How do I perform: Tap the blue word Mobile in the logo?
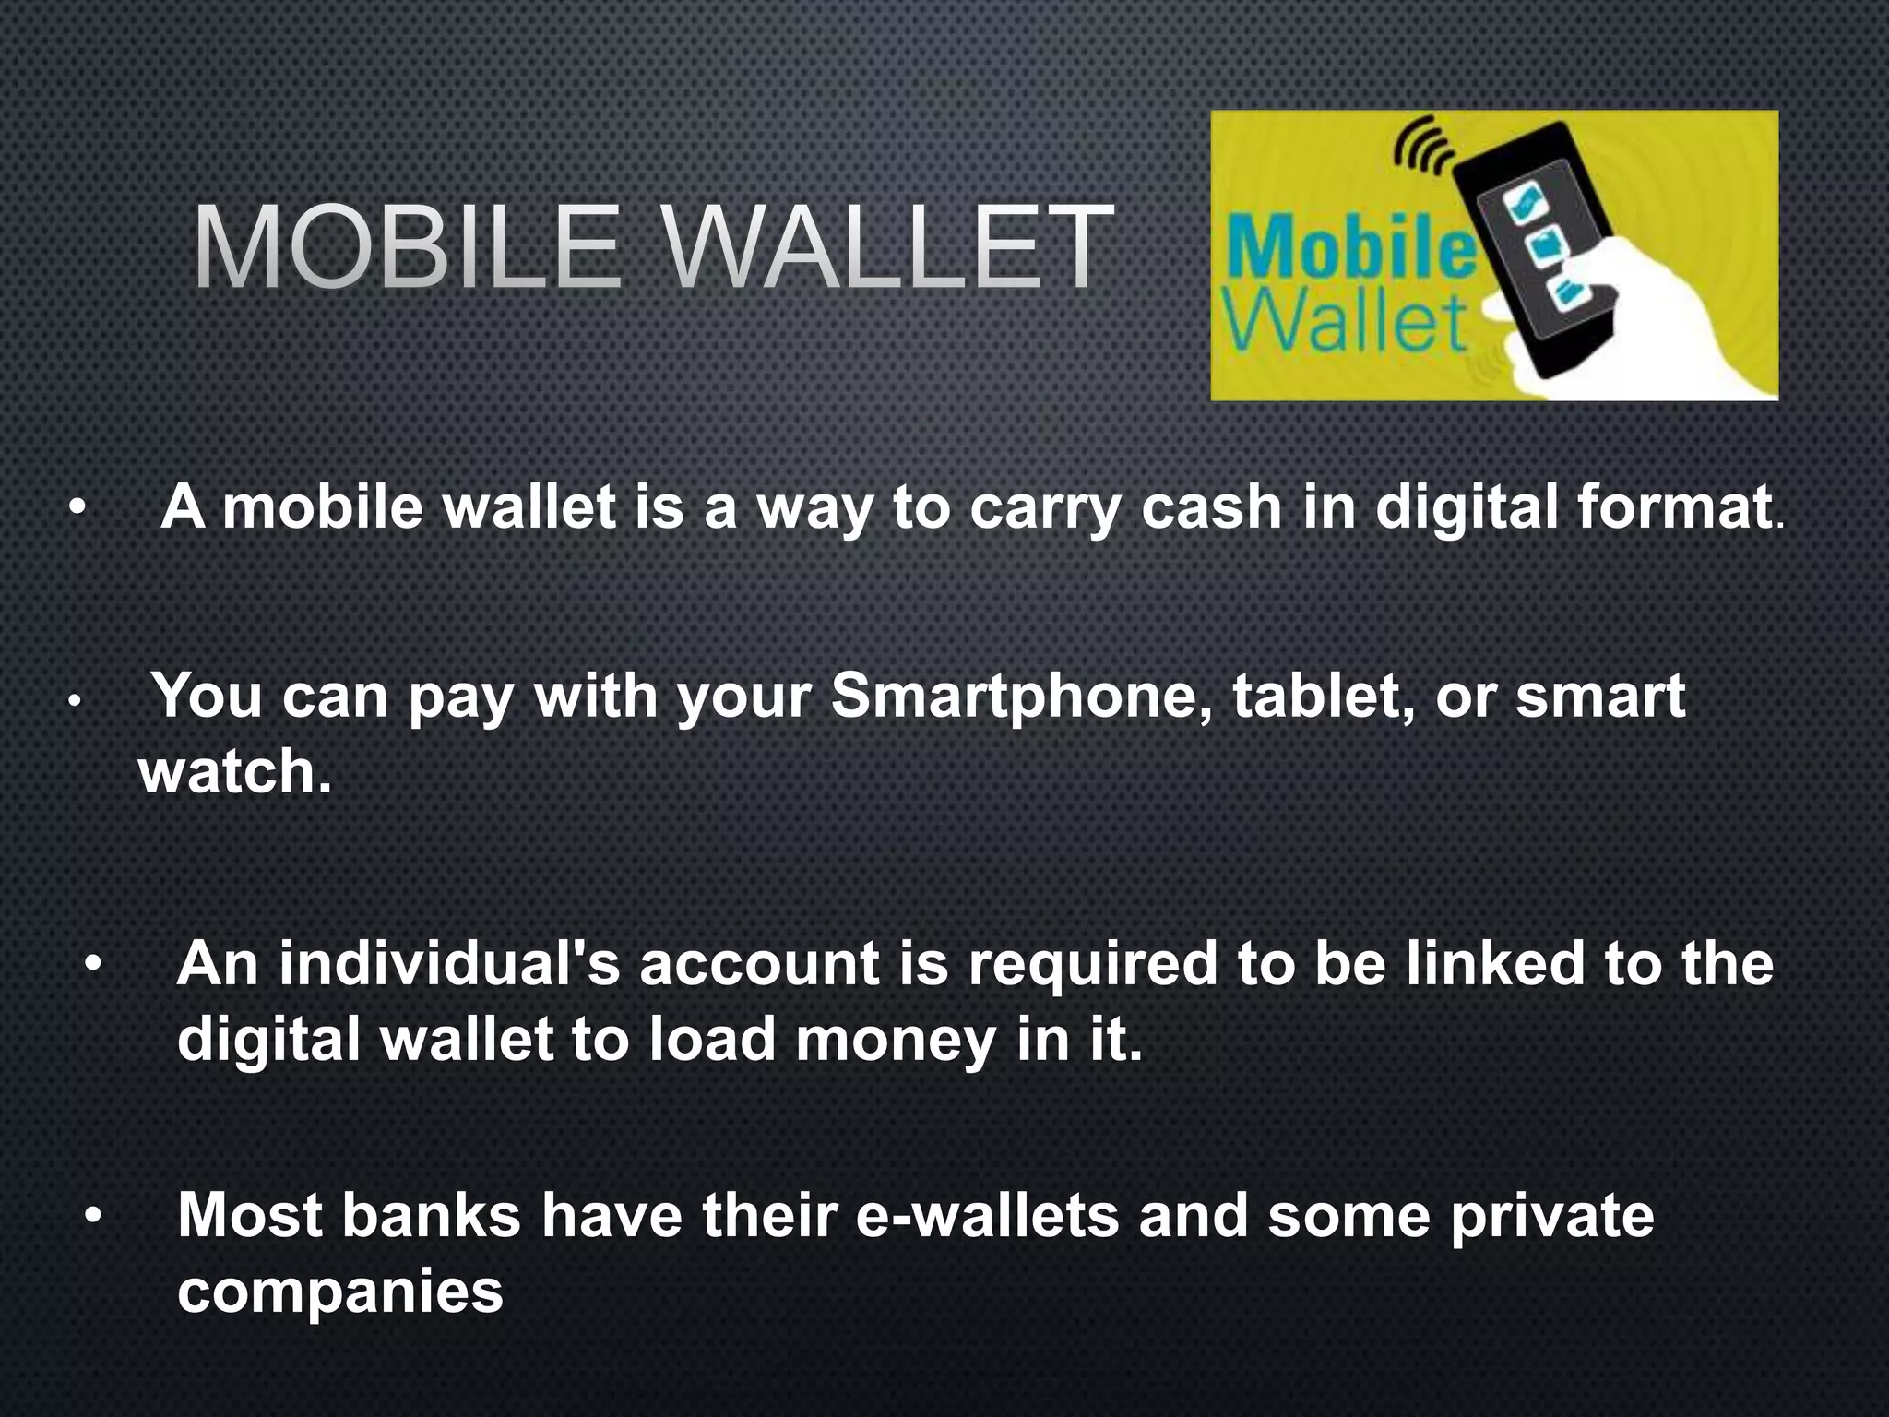[x=1350, y=248]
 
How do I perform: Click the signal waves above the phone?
[x=1421, y=147]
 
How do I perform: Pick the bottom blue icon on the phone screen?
[x=1567, y=292]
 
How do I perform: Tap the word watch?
[x=233, y=772]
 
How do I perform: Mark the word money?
[x=895, y=1041]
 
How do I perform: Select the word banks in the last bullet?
[x=432, y=1216]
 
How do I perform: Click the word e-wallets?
[x=987, y=1216]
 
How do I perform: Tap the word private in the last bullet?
[x=1552, y=1216]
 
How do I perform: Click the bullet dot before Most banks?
[x=93, y=1216]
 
